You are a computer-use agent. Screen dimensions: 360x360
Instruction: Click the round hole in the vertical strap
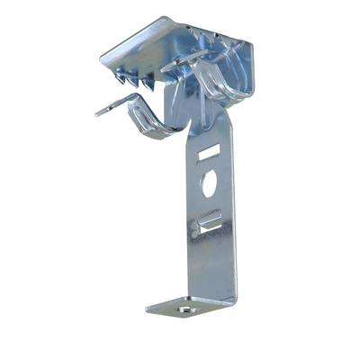point(209,184)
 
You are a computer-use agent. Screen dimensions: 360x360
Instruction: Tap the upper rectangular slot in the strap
point(208,154)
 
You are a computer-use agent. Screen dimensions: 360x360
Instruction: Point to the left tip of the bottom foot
point(150,309)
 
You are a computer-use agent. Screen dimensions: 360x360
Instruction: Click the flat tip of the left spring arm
point(102,112)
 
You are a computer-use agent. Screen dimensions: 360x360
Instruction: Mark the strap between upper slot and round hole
point(209,168)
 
